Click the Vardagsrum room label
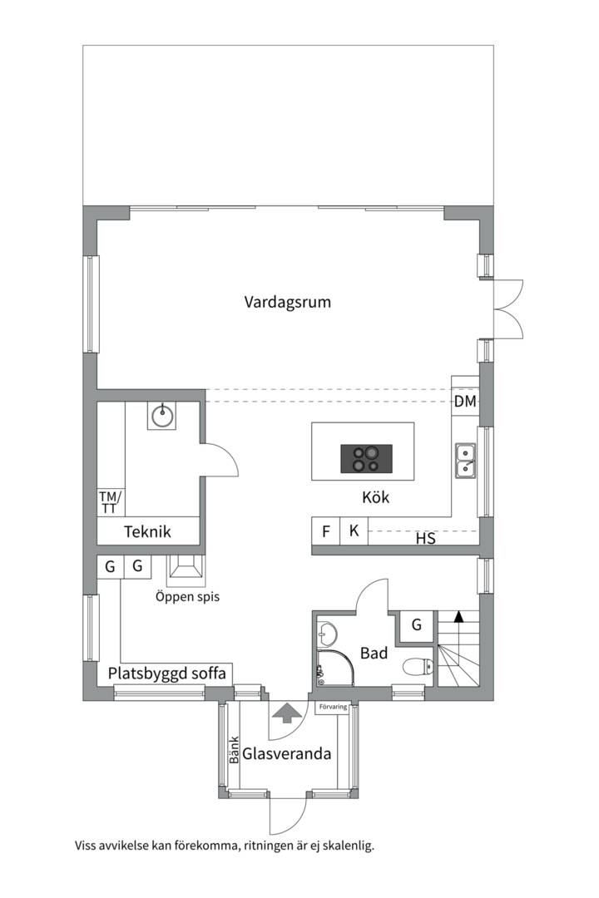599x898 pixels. click(x=287, y=302)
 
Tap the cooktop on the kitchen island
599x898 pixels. click(x=367, y=459)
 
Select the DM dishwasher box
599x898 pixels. click(x=465, y=401)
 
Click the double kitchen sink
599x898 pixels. click(x=465, y=461)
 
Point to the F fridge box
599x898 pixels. click(x=326, y=530)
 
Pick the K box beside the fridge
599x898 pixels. click(x=354, y=530)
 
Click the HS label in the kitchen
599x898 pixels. click(x=425, y=538)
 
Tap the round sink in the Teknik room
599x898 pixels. click(x=163, y=415)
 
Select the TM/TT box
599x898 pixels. click(x=111, y=502)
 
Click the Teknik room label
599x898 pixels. click(x=147, y=531)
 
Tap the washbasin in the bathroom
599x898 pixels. click(x=327, y=634)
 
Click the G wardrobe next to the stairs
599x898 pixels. click(x=417, y=624)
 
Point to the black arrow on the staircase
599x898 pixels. click(x=458, y=616)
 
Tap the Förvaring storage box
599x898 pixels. click(x=333, y=707)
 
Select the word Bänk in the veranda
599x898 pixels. click(x=234, y=750)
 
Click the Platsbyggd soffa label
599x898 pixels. click(x=166, y=673)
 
